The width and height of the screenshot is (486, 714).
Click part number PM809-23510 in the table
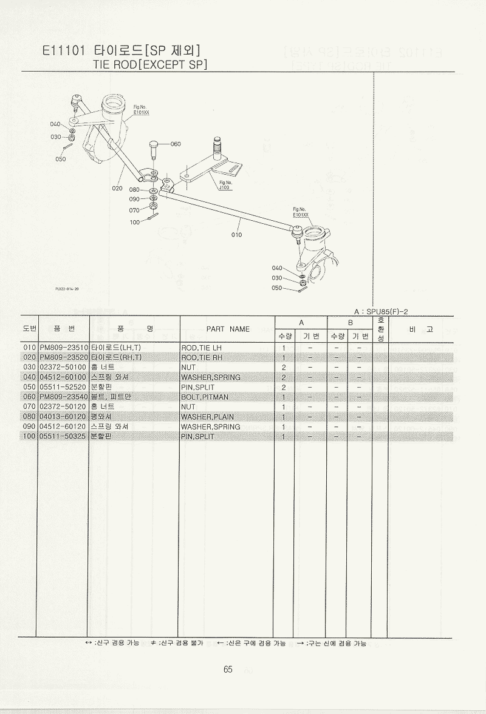tap(64, 348)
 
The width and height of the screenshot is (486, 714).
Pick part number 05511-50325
tap(64, 436)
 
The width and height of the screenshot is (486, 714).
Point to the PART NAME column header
tap(228, 329)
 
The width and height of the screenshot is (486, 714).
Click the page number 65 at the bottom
tap(228, 670)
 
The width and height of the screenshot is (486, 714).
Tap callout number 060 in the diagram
tap(176, 144)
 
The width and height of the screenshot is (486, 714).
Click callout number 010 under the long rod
tap(236, 235)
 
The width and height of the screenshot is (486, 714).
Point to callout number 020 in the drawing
tap(118, 188)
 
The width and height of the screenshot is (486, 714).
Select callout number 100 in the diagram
tap(135, 222)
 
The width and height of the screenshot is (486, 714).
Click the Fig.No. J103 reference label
tap(225, 185)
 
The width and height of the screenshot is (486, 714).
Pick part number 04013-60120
tap(64, 417)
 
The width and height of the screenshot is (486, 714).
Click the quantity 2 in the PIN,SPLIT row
tap(284, 387)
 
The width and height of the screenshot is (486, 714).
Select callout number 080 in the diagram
tap(134, 190)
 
